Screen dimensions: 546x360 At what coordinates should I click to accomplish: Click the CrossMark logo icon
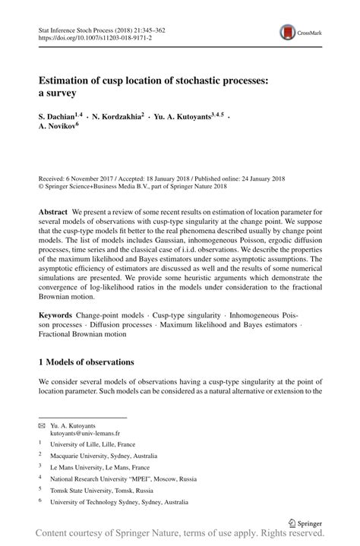pos(289,32)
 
